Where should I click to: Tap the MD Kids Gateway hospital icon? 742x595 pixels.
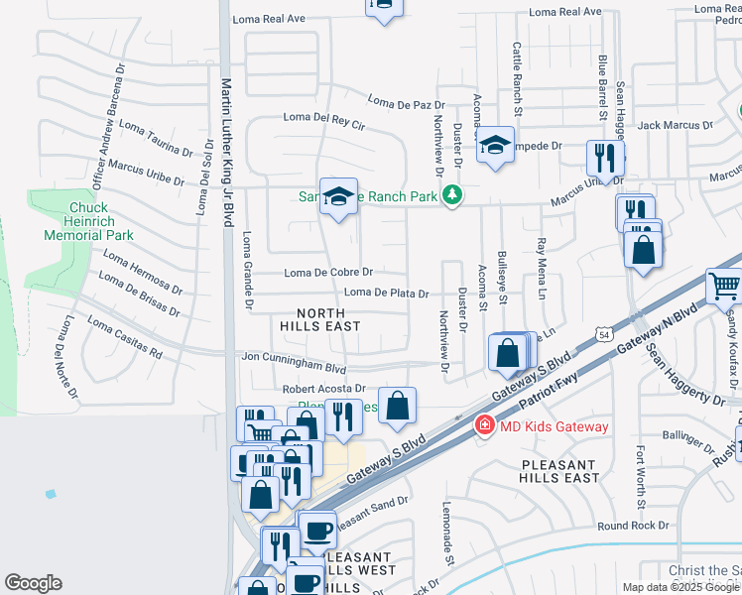485,425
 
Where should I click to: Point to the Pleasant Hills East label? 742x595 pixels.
559,470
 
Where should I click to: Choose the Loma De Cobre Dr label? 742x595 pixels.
328,272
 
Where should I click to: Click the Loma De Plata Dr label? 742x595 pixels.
386,294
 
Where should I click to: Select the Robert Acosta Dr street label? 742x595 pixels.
324,389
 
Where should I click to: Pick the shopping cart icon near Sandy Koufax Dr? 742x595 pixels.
724,285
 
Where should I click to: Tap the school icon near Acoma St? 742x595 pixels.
495,146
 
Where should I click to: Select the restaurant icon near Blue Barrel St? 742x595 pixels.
604,156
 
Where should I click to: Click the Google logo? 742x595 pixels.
33,583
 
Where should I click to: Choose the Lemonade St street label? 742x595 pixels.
448,546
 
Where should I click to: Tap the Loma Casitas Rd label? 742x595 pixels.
125,337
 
